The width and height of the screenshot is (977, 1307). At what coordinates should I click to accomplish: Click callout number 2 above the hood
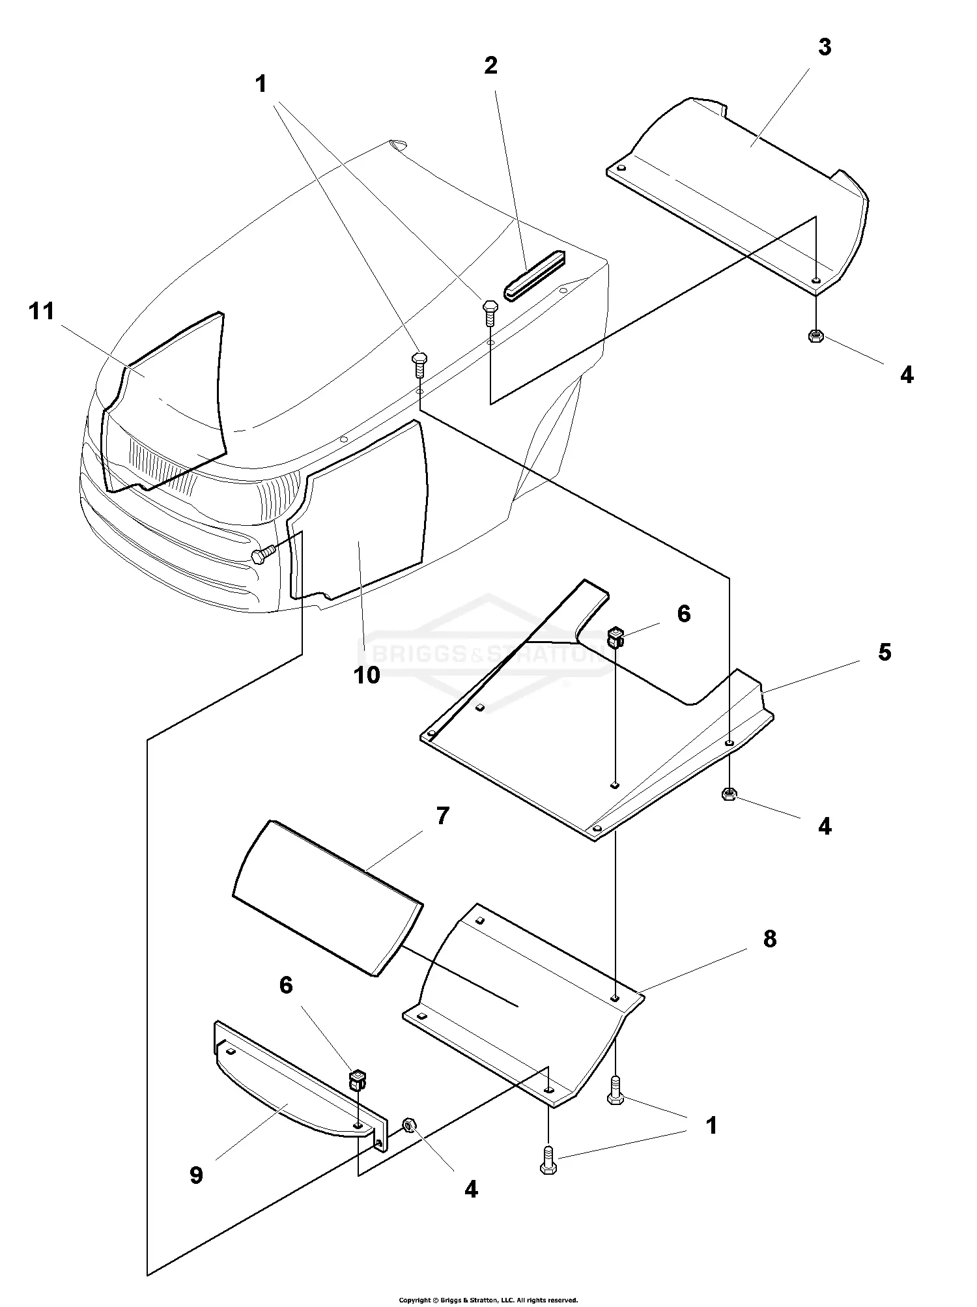click(x=490, y=65)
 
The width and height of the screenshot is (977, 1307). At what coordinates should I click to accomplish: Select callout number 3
click(x=825, y=48)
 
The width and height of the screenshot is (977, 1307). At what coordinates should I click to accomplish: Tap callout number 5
click(x=884, y=652)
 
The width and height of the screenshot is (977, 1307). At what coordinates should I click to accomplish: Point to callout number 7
click(x=443, y=816)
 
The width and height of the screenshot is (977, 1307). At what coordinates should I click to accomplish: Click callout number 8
click(x=770, y=939)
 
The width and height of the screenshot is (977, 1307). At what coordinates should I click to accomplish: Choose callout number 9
click(x=196, y=1175)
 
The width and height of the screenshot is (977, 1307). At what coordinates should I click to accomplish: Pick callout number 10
click(x=367, y=675)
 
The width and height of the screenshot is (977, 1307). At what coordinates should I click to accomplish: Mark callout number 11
click(x=42, y=311)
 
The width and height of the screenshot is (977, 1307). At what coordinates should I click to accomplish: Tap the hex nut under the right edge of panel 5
click(x=729, y=794)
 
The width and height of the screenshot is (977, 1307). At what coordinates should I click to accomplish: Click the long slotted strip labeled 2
click(x=534, y=276)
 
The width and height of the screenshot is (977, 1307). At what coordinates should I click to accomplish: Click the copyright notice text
click(x=488, y=1300)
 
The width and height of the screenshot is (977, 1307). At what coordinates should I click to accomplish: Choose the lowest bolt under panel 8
click(x=548, y=1163)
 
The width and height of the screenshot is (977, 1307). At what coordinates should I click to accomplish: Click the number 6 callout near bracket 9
click(x=286, y=985)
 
